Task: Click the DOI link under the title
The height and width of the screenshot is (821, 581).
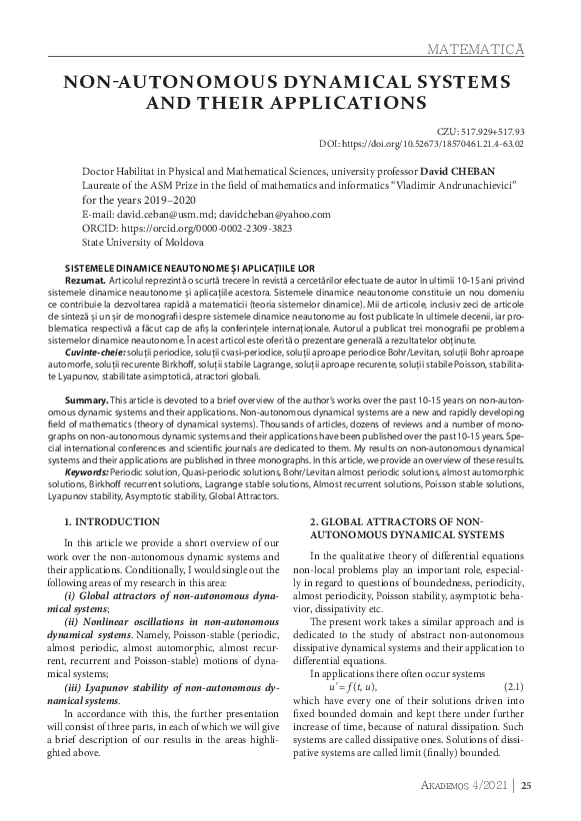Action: pos(441,144)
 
